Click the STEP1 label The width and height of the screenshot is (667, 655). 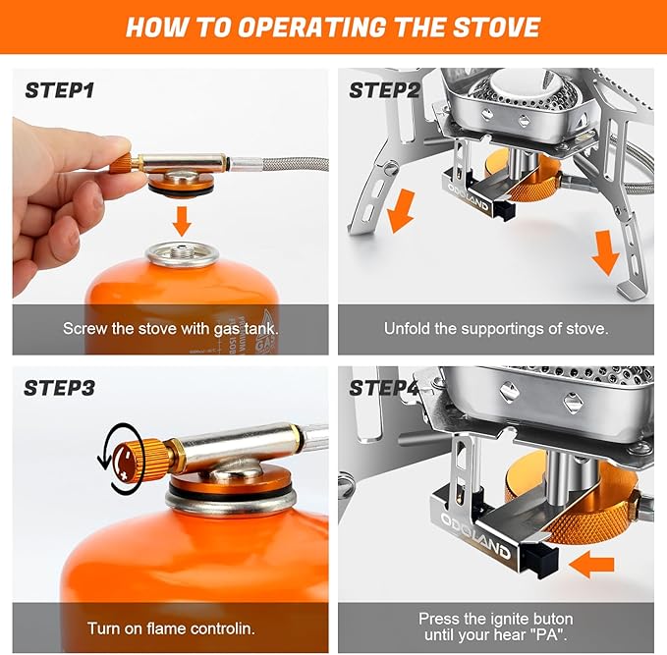tap(60, 91)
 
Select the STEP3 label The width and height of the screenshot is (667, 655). tap(60, 388)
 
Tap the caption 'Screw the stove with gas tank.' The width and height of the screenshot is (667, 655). tap(170, 329)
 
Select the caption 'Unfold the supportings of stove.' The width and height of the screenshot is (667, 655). tap(496, 329)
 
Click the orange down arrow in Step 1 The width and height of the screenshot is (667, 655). tap(181, 219)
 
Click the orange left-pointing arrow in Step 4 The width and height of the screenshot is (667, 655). tap(591, 564)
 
